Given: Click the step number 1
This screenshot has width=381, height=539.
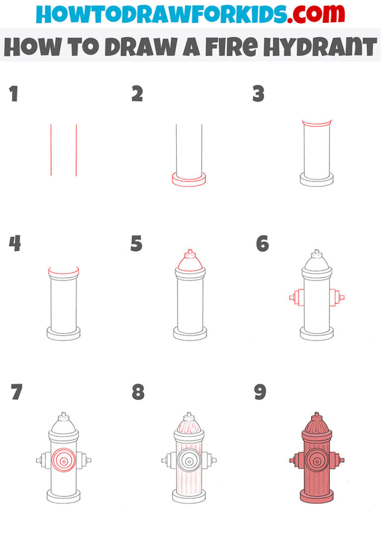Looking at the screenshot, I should tap(14, 94).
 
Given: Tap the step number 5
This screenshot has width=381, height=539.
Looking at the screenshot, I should tap(136, 244).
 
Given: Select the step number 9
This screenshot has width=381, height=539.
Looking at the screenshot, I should tap(260, 392).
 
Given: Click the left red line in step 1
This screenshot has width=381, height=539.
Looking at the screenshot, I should tap(51, 150).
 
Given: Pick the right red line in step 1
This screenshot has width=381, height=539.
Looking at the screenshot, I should tap(76, 150).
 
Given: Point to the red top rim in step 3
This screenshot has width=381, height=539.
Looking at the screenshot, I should tap(316, 123).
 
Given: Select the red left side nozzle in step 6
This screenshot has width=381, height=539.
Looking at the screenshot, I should tap(296, 298).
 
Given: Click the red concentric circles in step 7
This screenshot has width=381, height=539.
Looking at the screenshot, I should tap(63, 460).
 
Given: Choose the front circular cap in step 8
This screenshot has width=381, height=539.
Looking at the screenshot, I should tap(189, 461).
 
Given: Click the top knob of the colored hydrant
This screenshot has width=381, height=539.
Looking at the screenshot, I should tap(317, 416).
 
